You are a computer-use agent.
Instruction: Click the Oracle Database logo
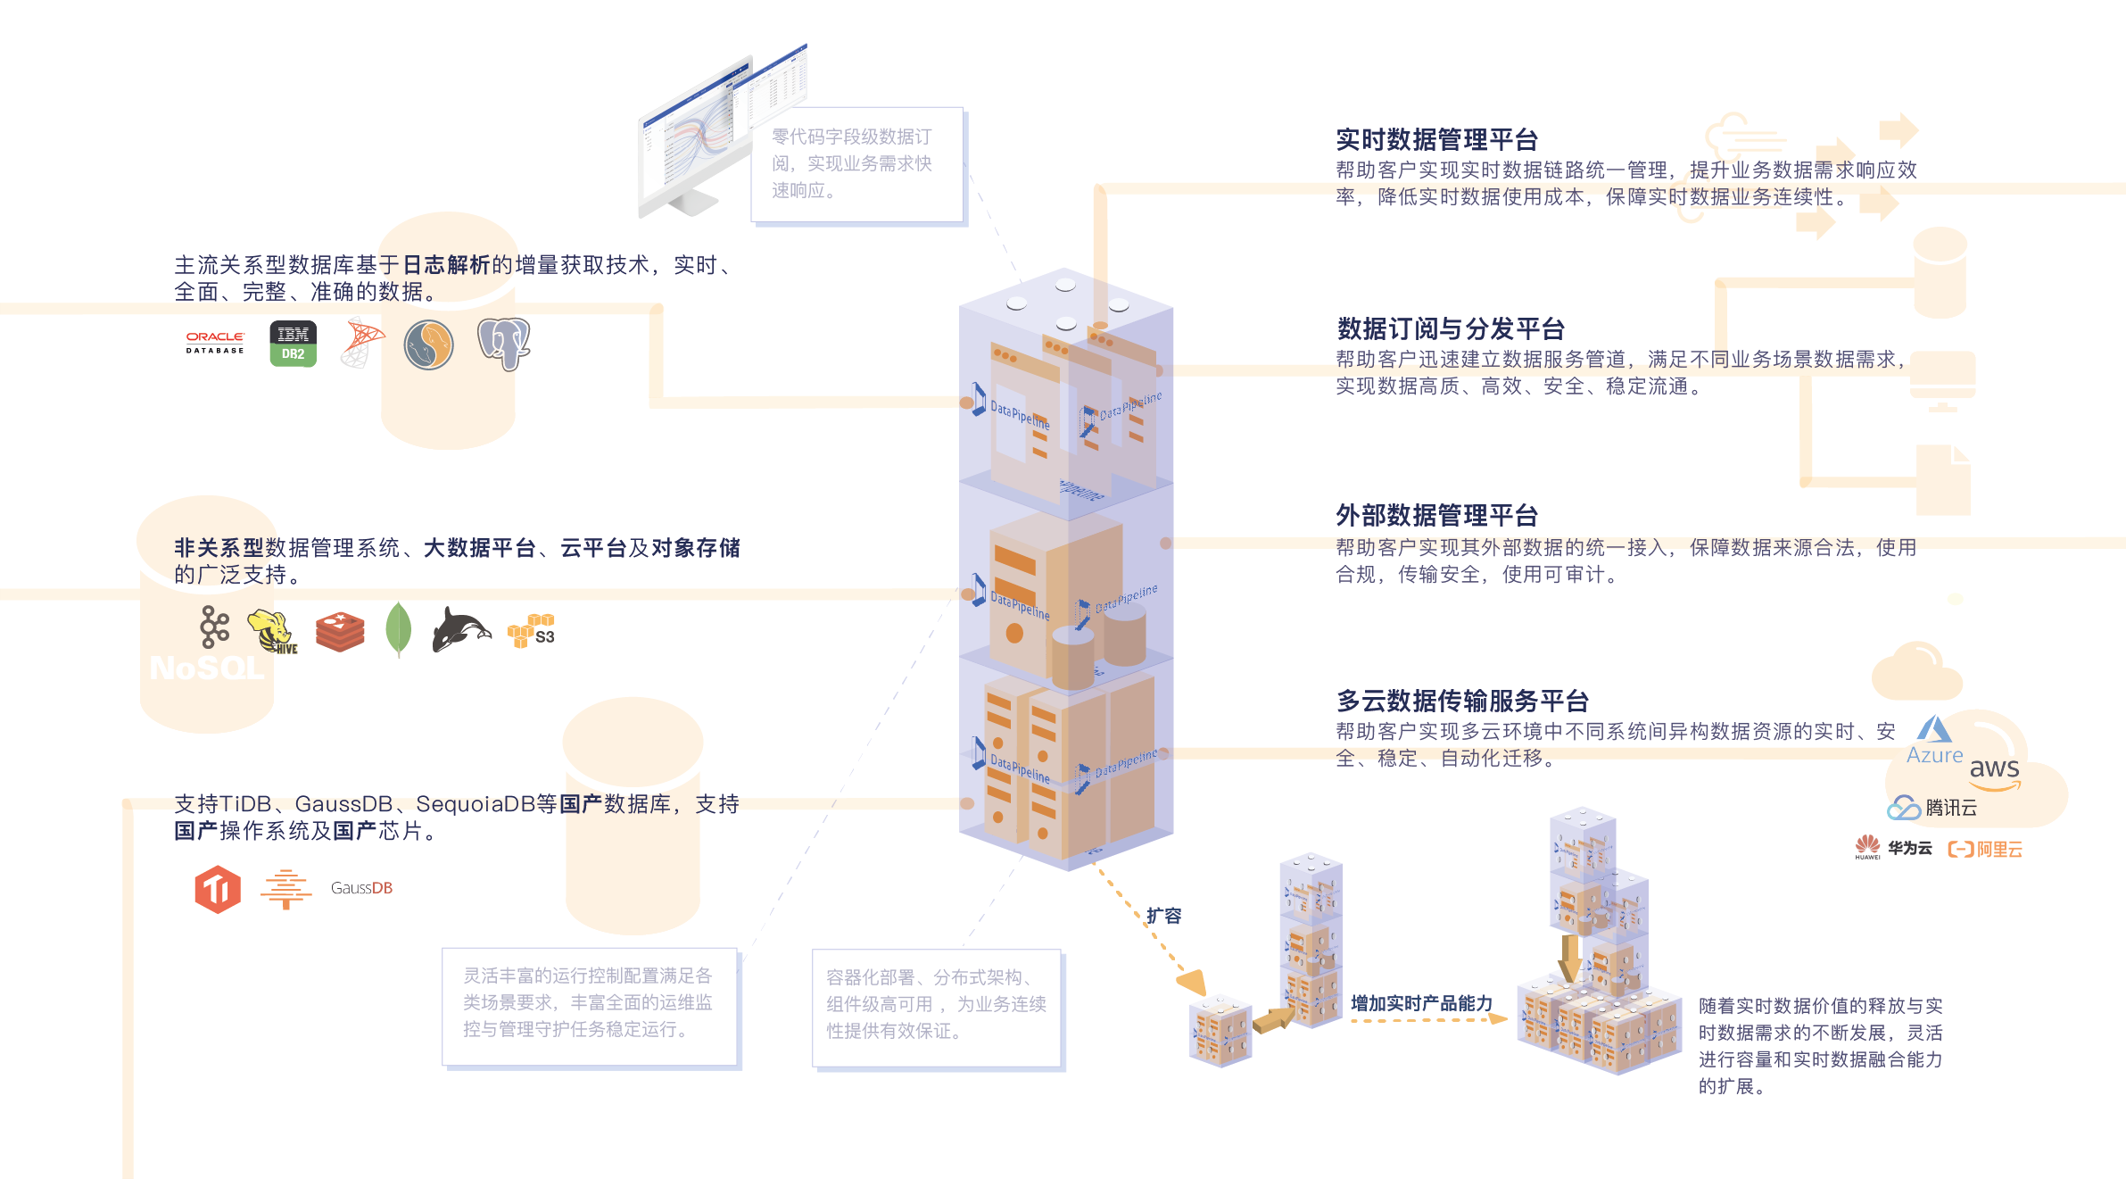coord(215,344)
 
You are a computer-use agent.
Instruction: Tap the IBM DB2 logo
coord(293,344)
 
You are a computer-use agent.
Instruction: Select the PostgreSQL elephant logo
coord(504,344)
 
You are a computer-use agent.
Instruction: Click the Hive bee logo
coord(272,631)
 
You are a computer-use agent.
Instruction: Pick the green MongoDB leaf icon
coord(398,629)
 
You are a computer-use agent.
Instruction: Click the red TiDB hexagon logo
coord(218,889)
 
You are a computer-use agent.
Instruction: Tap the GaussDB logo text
coord(361,888)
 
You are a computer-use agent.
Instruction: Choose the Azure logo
coord(1934,741)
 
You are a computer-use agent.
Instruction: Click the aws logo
coord(1995,769)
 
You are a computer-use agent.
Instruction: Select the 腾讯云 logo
coord(1932,808)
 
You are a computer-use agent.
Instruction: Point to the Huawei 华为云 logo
coord(1893,848)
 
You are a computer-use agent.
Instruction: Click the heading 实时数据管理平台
coord(1436,140)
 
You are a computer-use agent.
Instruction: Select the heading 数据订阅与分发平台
coord(1451,329)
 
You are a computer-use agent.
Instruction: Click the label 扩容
coord(1164,916)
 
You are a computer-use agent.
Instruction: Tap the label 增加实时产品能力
coord(1421,1003)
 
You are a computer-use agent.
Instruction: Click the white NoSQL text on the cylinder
coord(207,668)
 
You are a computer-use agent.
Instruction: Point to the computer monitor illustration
coord(696,143)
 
